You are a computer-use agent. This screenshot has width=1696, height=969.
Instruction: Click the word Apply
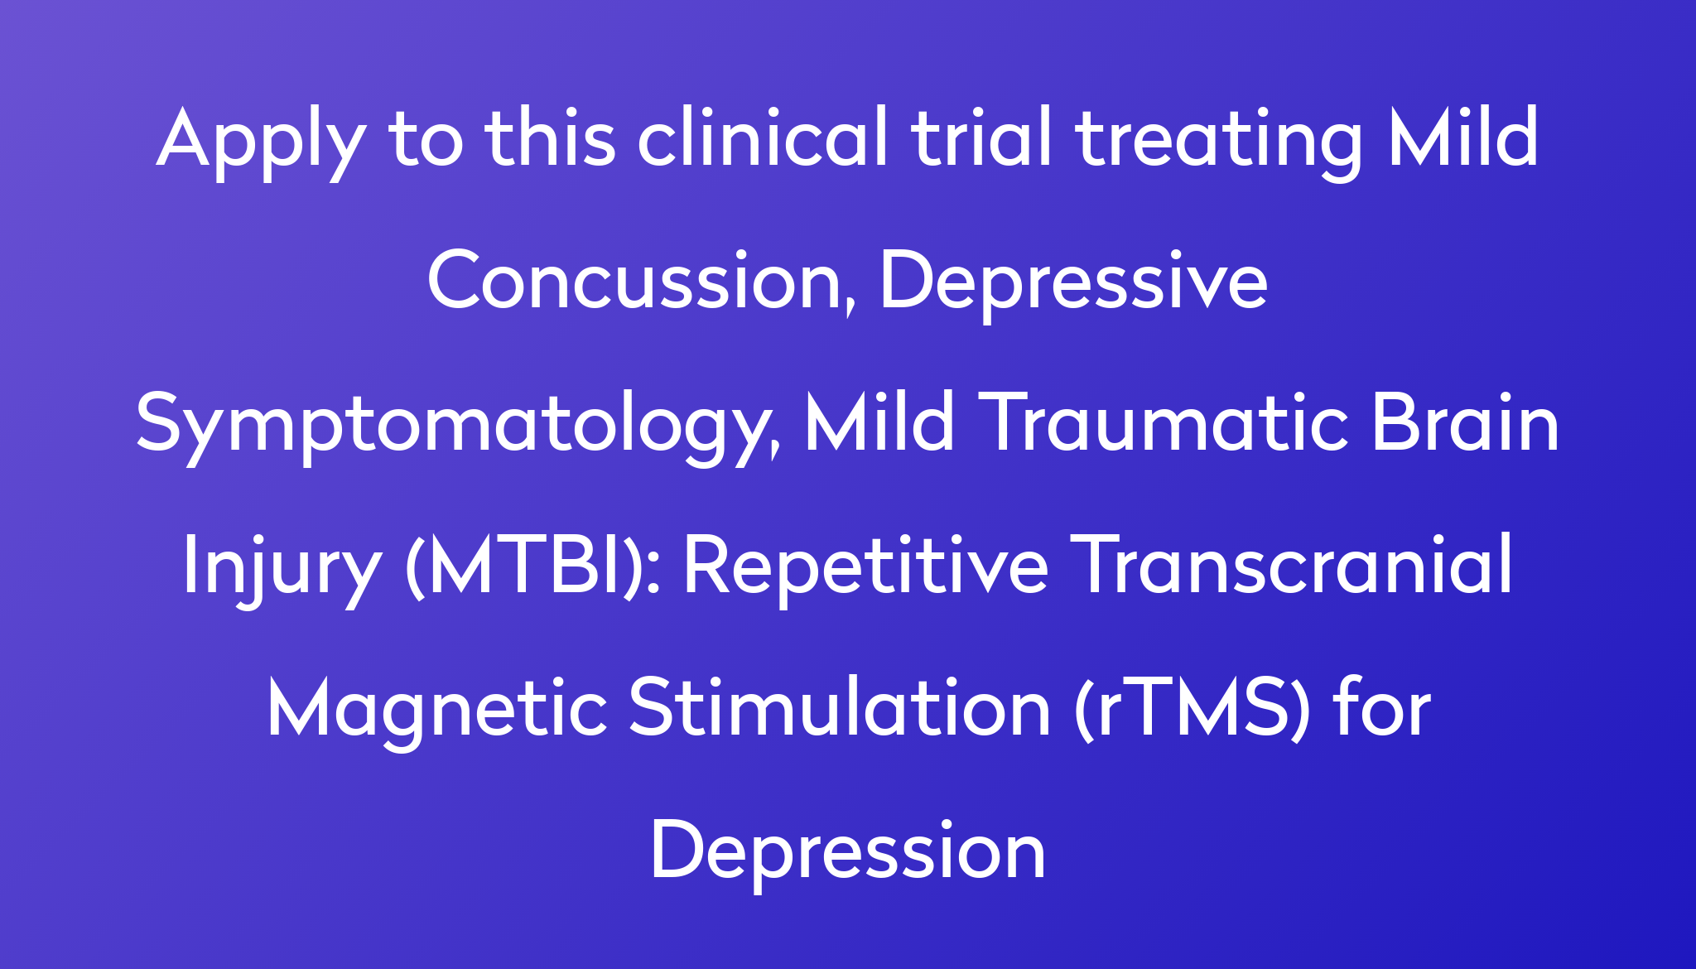(262, 142)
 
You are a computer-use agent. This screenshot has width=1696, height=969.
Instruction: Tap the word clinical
(762, 136)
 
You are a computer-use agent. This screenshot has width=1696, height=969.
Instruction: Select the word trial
(981, 136)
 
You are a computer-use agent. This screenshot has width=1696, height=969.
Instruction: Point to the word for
(1382, 707)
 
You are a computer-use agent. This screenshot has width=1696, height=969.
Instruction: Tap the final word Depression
(848, 853)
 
